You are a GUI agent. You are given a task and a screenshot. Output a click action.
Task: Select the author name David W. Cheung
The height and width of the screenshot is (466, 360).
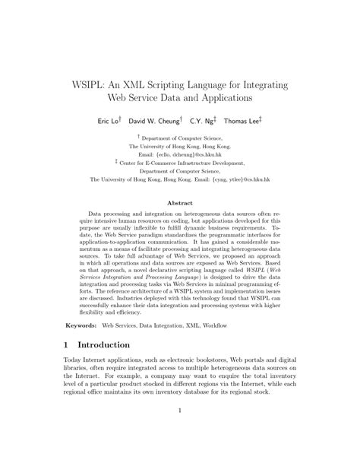(153, 121)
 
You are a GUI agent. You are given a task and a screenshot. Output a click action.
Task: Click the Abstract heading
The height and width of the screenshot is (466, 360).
(179, 203)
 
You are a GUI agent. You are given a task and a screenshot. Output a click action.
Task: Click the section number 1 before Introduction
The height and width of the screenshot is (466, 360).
(68, 344)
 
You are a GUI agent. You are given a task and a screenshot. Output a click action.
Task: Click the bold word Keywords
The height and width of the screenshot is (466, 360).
(84, 325)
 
